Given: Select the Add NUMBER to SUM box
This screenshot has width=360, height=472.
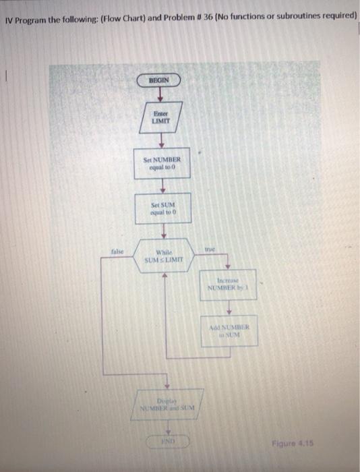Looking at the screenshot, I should pyautogui.click(x=229, y=332).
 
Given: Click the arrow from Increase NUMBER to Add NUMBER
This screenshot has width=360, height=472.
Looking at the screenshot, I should pyautogui.click(x=229, y=309).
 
